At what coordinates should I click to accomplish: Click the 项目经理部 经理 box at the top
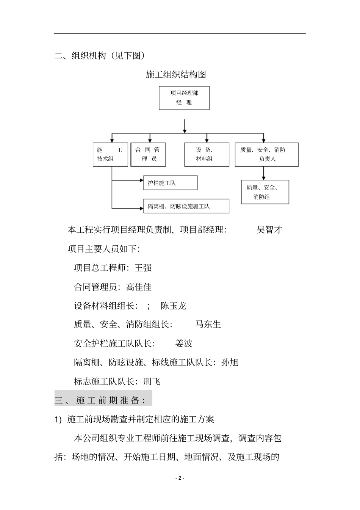click(184, 98)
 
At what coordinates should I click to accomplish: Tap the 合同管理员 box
click(149, 154)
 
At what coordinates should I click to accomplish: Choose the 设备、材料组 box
click(207, 154)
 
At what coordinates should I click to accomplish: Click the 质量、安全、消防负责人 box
click(267, 154)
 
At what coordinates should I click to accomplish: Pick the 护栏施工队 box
click(170, 183)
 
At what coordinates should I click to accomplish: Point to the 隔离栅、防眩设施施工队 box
click(186, 206)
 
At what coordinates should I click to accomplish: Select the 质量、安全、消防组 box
click(265, 192)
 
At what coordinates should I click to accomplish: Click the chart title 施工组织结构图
click(176, 75)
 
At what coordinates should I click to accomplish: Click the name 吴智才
click(269, 230)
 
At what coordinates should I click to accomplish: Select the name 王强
click(143, 268)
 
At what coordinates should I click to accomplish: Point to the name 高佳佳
click(139, 287)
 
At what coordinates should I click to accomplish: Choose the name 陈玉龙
click(174, 306)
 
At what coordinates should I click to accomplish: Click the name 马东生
click(208, 325)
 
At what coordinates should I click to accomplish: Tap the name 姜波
click(184, 344)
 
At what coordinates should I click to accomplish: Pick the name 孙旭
click(230, 362)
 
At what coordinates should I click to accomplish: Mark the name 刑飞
click(152, 381)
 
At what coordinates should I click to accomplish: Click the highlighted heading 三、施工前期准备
click(100, 400)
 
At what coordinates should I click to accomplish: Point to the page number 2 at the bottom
click(180, 478)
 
